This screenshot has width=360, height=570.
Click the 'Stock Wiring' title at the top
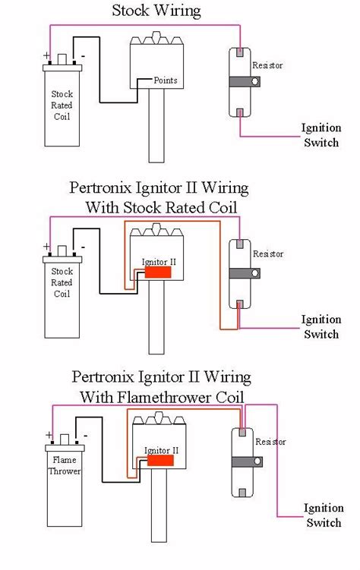pos(156,10)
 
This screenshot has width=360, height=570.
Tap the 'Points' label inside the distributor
pos(166,80)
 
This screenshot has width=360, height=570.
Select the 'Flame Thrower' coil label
pos(65,465)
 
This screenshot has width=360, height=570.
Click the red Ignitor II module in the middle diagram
pos(158,272)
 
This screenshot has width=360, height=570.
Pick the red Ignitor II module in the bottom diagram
pos(160,461)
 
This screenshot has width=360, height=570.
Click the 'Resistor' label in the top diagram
pos(267,65)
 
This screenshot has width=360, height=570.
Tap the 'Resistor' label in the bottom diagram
pos(270,442)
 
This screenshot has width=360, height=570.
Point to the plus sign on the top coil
pos(46,55)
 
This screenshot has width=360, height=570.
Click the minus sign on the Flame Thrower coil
pos(86,435)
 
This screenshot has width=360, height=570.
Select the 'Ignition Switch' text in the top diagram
pos(321,135)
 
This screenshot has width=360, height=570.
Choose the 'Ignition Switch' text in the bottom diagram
pos(324,515)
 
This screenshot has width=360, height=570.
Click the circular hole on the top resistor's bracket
pos(255,81)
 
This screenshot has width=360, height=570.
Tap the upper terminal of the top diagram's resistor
pos(240,52)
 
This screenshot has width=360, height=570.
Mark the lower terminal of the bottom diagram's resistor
pos(242,493)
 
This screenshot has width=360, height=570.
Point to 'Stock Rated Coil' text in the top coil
pos(62,105)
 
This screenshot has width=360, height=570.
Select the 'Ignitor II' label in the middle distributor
pos(159,262)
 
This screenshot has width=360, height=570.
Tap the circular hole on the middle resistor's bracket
pos(255,273)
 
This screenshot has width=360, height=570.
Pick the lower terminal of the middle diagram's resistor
pos(240,304)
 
